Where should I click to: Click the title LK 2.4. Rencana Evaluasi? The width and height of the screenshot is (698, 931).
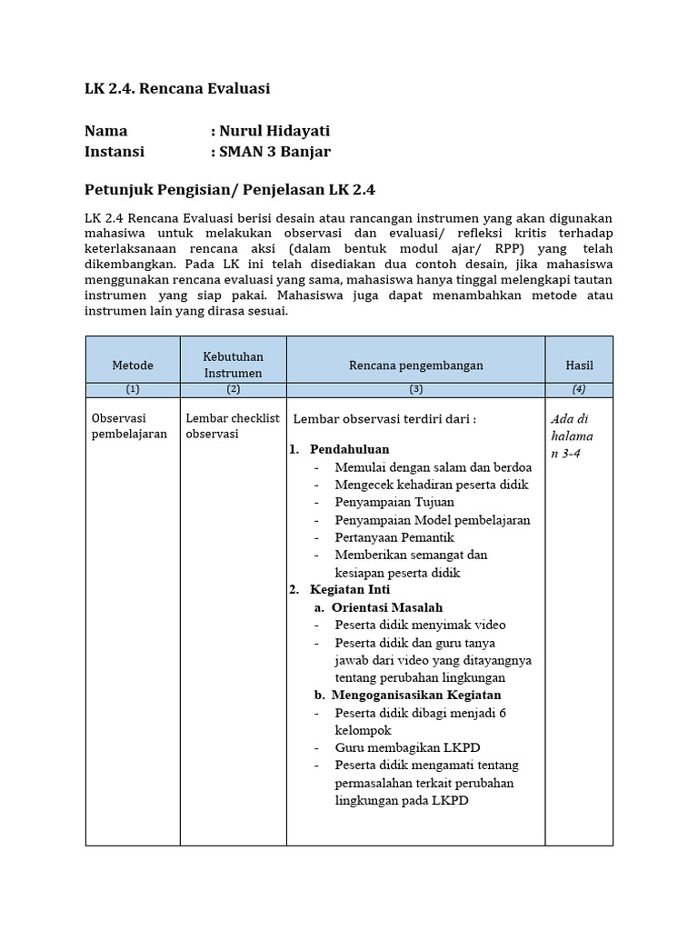[x=177, y=89]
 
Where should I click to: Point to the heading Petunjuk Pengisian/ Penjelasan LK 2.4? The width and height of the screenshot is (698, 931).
[x=230, y=190]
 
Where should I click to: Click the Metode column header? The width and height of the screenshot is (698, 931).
[x=133, y=365]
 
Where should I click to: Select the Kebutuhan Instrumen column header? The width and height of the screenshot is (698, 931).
[x=233, y=365]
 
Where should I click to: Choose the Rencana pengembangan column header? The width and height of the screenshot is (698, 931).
[x=415, y=365]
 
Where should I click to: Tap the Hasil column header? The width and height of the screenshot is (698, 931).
[x=579, y=365]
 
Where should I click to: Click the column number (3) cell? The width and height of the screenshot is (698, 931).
[x=415, y=389]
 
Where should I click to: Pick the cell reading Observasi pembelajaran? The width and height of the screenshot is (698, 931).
[x=129, y=426]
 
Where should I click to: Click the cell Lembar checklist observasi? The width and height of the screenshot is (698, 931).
[x=233, y=426]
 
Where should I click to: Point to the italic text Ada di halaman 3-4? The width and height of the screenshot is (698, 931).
[x=572, y=436]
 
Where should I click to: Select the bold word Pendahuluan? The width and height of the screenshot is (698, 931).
[x=349, y=450]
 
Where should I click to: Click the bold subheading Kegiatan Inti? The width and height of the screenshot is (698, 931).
[x=349, y=589]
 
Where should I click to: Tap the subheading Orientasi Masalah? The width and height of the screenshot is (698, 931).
[x=387, y=607]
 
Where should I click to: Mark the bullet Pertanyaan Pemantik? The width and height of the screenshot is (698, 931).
[x=394, y=537]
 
